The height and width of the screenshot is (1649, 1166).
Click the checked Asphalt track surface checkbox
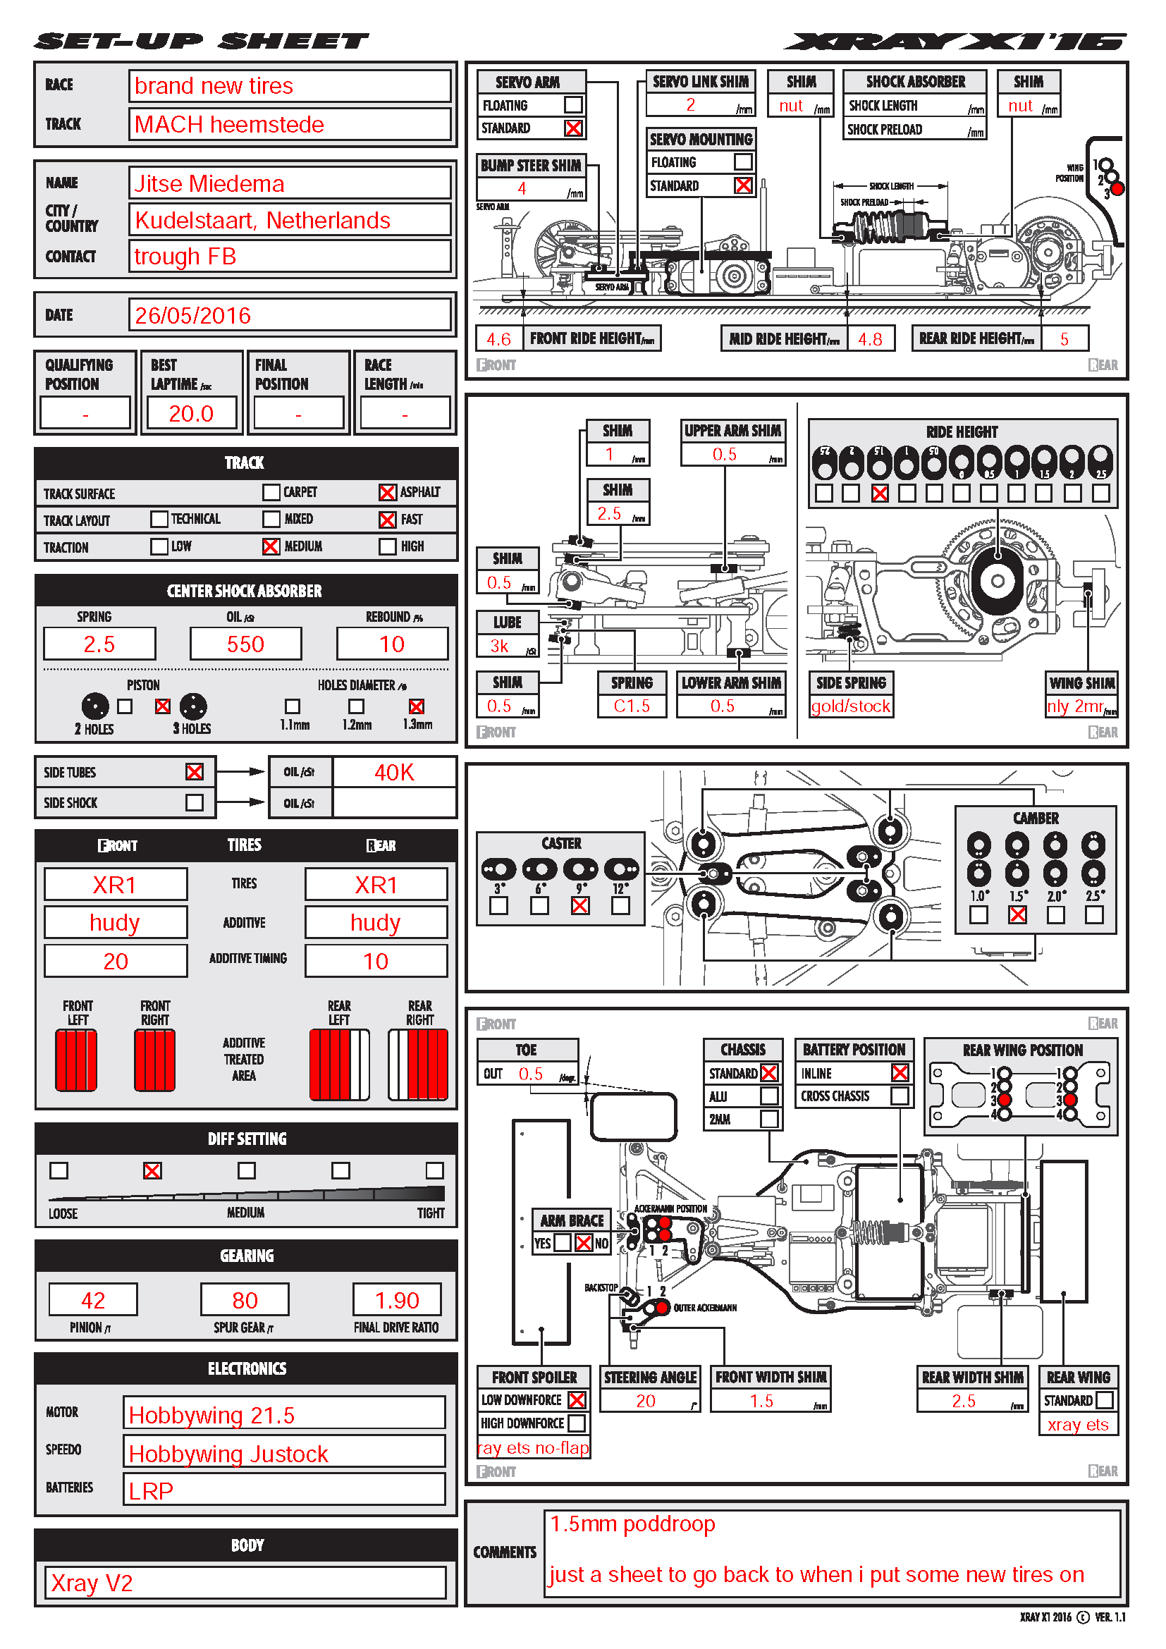click(387, 492)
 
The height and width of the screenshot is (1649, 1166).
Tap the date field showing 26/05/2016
click(289, 315)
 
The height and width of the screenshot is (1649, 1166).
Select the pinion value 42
click(92, 1300)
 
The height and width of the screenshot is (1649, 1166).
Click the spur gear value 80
click(245, 1300)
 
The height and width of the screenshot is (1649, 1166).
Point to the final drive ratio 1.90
click(397, 1300)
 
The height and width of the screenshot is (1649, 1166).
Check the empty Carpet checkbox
click(271, 492)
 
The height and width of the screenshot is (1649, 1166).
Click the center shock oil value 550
click(245, 644)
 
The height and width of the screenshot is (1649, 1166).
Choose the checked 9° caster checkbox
click(580, 906)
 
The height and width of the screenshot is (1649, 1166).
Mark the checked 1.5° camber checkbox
click(1017, 914)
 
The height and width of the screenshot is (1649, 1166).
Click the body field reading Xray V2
click(245, 1583)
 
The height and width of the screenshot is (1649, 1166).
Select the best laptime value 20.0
click(191, 414)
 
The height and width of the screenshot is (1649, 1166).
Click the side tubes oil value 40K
click(394, 772)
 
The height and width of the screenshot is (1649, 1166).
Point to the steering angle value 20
click(646, 1401)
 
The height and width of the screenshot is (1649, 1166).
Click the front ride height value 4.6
click(498, 339)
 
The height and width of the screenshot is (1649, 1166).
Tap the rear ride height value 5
click(1064, 339)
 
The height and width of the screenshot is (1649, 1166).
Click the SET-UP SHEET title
click(201, 42)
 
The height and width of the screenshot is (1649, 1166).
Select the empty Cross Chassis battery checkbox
click(899, 1096)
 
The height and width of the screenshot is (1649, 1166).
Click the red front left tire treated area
click(76, 1060)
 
